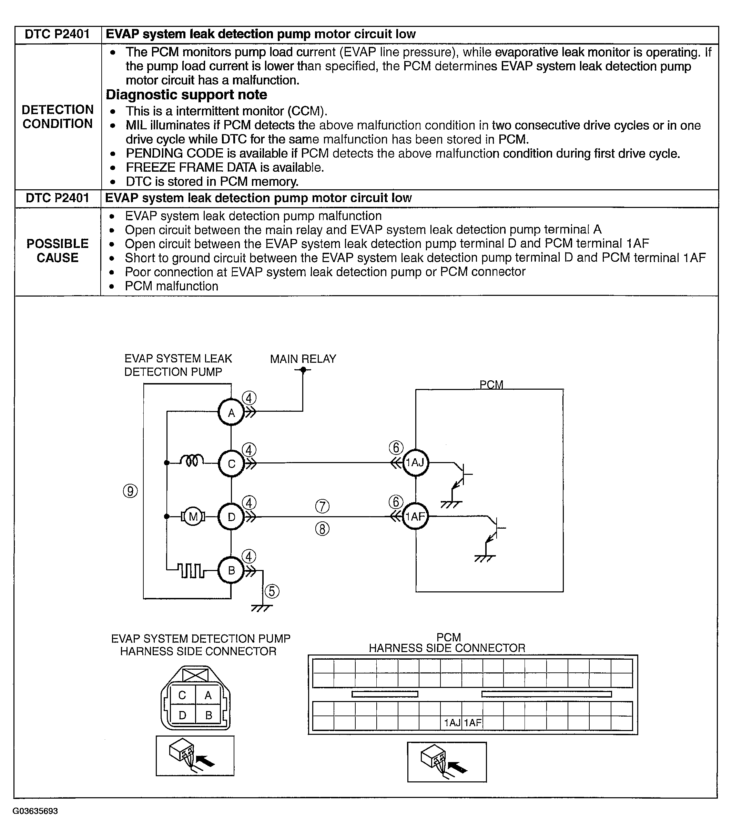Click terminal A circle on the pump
pyautogui.click(x=231, y=412)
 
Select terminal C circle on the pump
pyautogui.click(x=231, y=463)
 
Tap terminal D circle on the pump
pyautogui.click(x=231, y=517)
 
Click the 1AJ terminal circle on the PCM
pyautogui.click(x=415, y=462)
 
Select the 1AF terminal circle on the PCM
pyautogui.click(x=415, y=517)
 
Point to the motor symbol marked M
pyautogui.click(x=193, y=517)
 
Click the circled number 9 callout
pyautogui.click(x=130, y=491)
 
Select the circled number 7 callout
pyautogui.click(x=322, y=507)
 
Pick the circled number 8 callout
pyautogui.click(x=322, y=529)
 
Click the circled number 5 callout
pyautogui.click(x=272, y=591)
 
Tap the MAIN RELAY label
pyautogui.click(x=303, y=359)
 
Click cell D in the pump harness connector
pyautogui.click(x=183, y=715)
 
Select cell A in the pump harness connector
pyautogui.click(x=208, y=695)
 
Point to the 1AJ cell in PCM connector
pyautogui.click(x=452, y=723)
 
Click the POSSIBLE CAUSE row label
pyautogui.click(x=58, y=251)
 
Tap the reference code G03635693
pyautogui.click(x=35, y=811)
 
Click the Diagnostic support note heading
pyautogui.click(x=186, y=94)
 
